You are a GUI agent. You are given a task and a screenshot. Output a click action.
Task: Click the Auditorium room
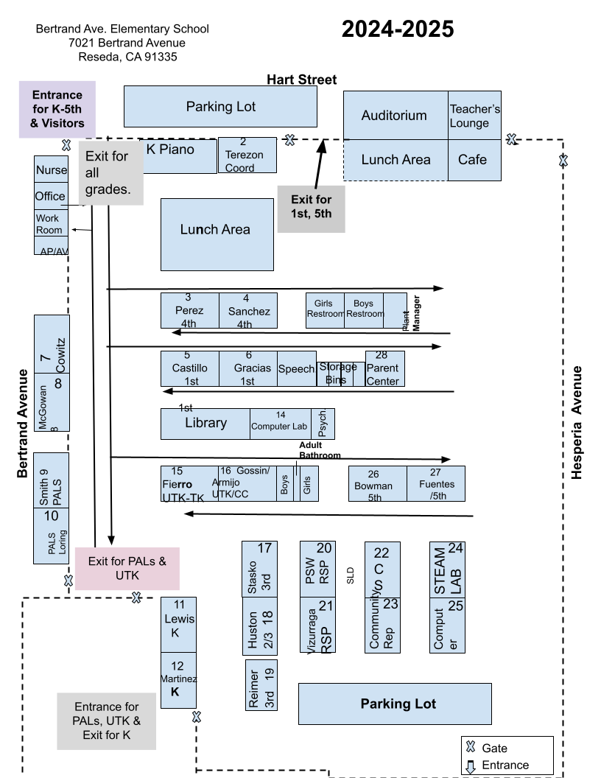tap(396, 116)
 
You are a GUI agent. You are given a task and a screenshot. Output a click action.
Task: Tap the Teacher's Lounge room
tap(474, 116)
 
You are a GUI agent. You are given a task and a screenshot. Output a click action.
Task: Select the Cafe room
tap(473, 160)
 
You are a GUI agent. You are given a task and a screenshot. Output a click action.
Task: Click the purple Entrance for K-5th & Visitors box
tap(57, 109)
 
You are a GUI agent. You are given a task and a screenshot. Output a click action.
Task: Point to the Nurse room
tap(51, 170)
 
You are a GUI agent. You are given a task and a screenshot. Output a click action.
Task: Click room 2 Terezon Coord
tap(247, 155)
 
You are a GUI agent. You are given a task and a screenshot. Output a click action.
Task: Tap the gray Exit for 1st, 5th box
tap(311, 208)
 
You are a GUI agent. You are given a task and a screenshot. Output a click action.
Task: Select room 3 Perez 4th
tap(189, 310)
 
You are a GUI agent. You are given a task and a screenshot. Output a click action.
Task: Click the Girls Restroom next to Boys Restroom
tap(325, 310)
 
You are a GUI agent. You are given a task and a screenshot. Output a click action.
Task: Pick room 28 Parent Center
tap(384, 368)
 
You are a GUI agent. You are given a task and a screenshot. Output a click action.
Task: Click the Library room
tap(205, 424)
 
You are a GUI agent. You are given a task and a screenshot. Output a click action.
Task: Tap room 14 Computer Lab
tap(280, 424)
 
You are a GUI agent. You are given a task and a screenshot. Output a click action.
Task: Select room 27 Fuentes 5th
tap(435, 484)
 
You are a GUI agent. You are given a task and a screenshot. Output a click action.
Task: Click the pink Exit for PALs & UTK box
tap(127, 569)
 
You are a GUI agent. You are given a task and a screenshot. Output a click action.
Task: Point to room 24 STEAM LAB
tap(447, 570)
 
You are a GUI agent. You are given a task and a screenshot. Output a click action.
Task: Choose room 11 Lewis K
tap(178, 625)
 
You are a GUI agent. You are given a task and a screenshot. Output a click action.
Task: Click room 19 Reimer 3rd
tap(260, 685)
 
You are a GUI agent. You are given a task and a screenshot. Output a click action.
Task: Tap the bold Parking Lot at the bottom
tap(395, 704)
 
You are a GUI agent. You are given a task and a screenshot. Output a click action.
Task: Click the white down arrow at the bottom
tap(471, 768)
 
